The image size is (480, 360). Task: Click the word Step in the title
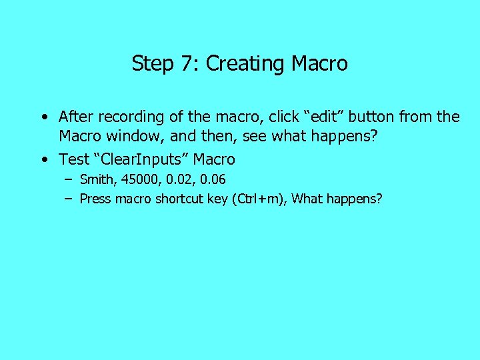(152, 63)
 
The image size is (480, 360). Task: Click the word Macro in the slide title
(320, 63)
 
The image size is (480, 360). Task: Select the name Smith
(97, 179)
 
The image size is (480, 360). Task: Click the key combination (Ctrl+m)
(257, 199)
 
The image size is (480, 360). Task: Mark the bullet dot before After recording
(43, 117)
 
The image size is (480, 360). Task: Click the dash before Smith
(69, 179)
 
